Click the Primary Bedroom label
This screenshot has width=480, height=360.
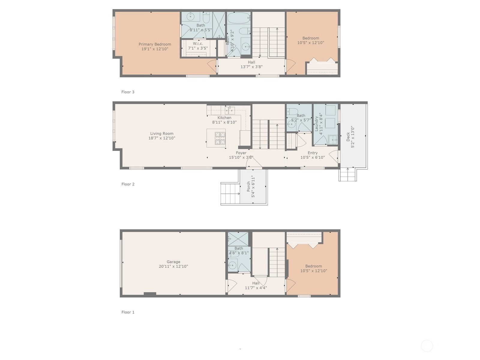(x=155, y=44)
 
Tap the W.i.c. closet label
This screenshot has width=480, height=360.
(x=198, y=43)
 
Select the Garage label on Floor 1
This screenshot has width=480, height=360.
(x=173, y=262)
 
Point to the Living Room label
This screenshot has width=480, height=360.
(x=162, y=133)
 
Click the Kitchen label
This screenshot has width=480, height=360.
(x=224, y=118)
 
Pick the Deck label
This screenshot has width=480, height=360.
(x=348, y=137)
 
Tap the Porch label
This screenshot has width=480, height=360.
(x=248, y=186)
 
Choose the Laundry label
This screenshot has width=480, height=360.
(x=316, y=124)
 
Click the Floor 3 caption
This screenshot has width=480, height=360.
(x=128, y=92)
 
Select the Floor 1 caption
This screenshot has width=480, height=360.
(x=128, y=312)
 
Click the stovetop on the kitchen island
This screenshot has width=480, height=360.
(x=220, y=138)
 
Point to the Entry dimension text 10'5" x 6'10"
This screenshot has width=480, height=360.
(x=313, y=157)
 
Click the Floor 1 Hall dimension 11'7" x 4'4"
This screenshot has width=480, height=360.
(x=256, y=288)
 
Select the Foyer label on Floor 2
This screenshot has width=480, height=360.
(x=241, y=153)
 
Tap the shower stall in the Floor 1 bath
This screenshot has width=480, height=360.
(x=238, y=239)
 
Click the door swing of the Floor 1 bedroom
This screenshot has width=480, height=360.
(x=291, y=286)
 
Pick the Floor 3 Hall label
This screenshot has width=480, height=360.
(x=251, y=62)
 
